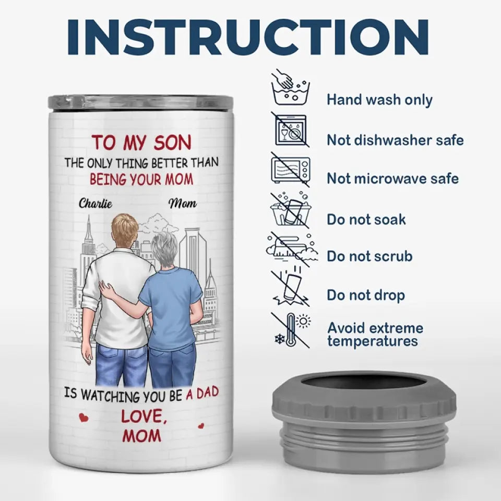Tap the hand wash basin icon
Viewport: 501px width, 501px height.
(x=290, y=87)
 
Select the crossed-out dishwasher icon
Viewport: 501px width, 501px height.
(x=290, y=129)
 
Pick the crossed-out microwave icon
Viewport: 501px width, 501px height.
(x=290, y=170)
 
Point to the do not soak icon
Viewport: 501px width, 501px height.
(x=290, y=210)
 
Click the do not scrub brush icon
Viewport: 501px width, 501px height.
(x=291, y=249)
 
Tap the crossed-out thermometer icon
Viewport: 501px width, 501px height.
(x=291, y=330)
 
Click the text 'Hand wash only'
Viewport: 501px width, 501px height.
(x=379, y=100)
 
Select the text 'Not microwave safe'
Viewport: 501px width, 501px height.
(x=392, y=178)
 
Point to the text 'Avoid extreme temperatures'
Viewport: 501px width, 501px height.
(x=375, y=334)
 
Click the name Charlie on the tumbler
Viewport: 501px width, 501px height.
(x=95, y=203)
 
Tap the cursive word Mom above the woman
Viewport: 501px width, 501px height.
(x=183, y=203)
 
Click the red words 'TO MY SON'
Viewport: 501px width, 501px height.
(x=141, y=142)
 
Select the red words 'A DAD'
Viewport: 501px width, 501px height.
(x=202, y=393)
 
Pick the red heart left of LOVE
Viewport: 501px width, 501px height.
(x=83, y=417)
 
